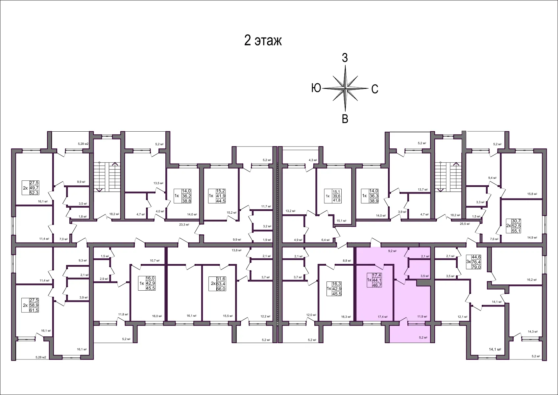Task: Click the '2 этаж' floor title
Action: tap(263, 41)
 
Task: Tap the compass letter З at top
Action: tap(345, 58)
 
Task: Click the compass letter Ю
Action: tap(316, 88)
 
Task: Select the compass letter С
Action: tap(375, 89)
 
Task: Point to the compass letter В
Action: tap(345, 119)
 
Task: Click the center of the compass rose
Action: tap(345, 88)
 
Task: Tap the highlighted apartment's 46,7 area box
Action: tap(377, 285)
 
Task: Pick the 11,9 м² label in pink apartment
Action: tap(422, 317)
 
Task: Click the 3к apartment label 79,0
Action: tap(476, 267)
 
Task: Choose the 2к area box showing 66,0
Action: tap(221, 289)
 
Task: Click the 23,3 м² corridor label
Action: tap(184, 224)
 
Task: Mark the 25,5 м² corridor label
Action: tap(465, 224)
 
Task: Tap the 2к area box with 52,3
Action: tap(34, 193)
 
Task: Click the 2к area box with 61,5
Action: tap(34, 310)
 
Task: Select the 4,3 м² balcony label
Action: tap(313, 160)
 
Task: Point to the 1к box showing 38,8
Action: tap(186, 201)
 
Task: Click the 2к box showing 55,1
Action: tap(516, 231)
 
